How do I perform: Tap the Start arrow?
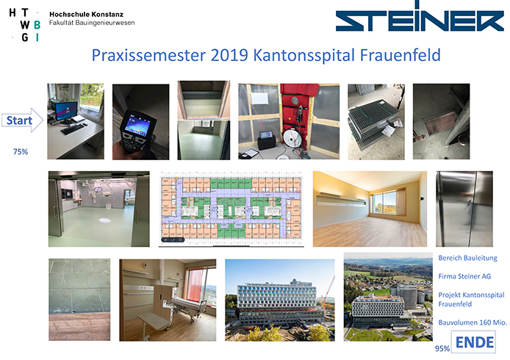click(x=22, y=120)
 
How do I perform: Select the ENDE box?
click(x=473, y=342)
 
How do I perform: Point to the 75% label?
click(x=21, y=151)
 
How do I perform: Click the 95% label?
click(x=442, y=348)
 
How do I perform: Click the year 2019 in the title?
click(x=229, y=55)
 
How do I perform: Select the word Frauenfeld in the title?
click(x=400, y=55)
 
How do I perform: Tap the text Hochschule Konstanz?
click(x=86, y=14)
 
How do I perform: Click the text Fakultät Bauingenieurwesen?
click(x=92, y=23)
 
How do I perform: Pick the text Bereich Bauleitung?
click(x=467, y=258)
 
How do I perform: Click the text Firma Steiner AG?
click(x=464, y=276)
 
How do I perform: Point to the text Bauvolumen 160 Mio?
click(x=473, y=323)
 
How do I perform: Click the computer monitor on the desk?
click(x=66, y=112)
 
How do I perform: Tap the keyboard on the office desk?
click(x=72, y=129)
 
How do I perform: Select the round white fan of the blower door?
click(x=292, y=137)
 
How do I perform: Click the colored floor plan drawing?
click(x=231, y=209)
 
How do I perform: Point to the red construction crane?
click(x=328, y=292)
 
